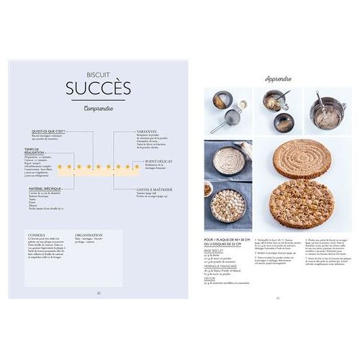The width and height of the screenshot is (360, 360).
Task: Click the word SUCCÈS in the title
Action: coord(99,88)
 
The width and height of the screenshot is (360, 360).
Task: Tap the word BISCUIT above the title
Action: coord(99,73)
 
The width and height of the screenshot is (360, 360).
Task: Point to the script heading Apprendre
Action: coord(278,78)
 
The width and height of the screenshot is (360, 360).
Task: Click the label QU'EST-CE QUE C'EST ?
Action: coord(48,131)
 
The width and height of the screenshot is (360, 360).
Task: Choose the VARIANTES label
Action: coord(147,131)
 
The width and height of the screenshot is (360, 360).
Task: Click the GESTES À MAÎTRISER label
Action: coord(155,190)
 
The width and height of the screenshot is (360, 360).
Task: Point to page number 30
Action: coord(99,293)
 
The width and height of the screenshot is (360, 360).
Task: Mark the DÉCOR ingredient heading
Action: coord(212,279)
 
